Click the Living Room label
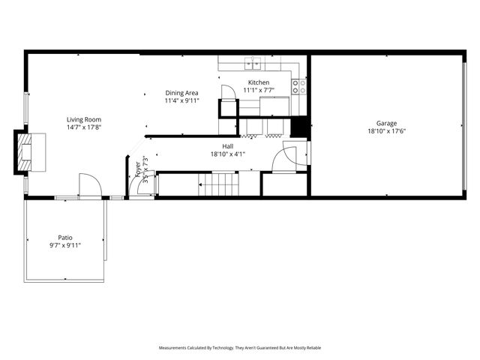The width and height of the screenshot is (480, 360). [83, 120]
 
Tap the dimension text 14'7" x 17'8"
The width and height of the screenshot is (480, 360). [83, 127]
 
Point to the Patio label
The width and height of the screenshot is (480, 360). [65, 237]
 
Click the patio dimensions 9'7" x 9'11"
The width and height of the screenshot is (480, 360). [65, 245]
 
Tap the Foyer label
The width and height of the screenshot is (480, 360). [137, 172]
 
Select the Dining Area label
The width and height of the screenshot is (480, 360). [181, 93]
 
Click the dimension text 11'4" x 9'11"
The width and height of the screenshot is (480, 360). [181, 100]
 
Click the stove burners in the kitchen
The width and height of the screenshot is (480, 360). [298, 86]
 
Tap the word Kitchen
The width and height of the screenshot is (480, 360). [259, 82]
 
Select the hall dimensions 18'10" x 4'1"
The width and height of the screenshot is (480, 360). [228, 154]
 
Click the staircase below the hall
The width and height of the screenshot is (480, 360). [221, 184]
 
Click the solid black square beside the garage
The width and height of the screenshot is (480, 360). [300, 127]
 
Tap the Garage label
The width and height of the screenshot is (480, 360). [387, 123]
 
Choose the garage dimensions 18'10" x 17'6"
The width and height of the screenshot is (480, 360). [387, 131]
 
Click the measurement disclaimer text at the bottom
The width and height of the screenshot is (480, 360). [240, 348]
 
